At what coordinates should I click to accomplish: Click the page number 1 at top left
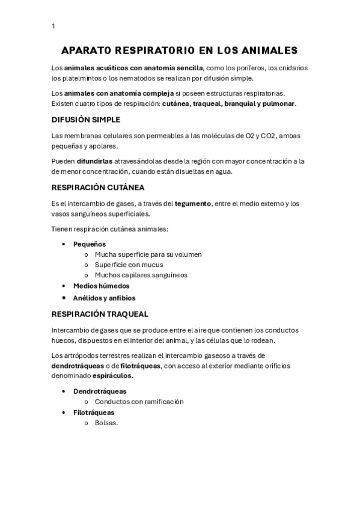53,26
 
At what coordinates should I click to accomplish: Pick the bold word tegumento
193,204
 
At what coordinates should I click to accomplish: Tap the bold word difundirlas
96,161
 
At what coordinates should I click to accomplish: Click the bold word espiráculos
112,376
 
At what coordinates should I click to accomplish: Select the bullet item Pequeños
90,244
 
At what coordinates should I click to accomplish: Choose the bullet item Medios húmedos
101,286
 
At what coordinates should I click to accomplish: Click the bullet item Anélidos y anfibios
104,298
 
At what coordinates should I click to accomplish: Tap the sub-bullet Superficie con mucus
129,265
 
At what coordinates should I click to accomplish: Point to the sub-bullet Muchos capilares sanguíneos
141,275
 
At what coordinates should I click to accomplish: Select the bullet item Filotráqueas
94,413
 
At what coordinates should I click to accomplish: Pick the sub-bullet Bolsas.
106,423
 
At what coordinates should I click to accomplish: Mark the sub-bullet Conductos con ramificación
139,402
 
